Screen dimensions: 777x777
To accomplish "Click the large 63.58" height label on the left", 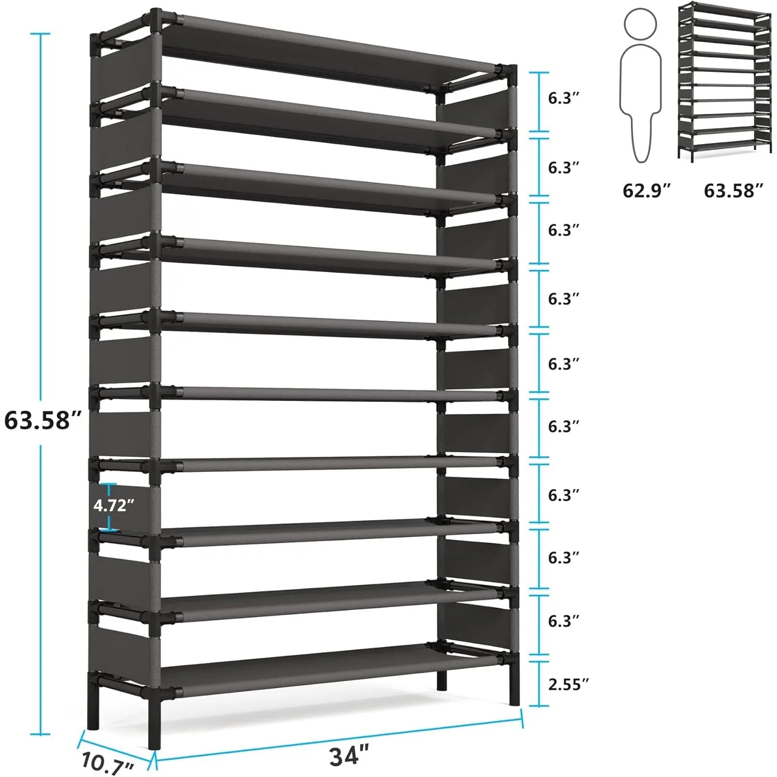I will coord(44,420).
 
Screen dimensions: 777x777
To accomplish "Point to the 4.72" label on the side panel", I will coord(114,505).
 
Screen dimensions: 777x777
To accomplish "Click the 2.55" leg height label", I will coord(568,684).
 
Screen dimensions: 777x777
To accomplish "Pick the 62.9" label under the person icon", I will coord(646,191).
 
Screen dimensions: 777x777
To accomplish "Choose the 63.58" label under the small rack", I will coord(733,191).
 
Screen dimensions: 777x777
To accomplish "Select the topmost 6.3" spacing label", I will coord(563,98).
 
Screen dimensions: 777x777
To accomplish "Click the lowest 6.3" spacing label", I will coord(563,620).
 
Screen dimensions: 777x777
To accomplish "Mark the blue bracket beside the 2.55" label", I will coord(539,684).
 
